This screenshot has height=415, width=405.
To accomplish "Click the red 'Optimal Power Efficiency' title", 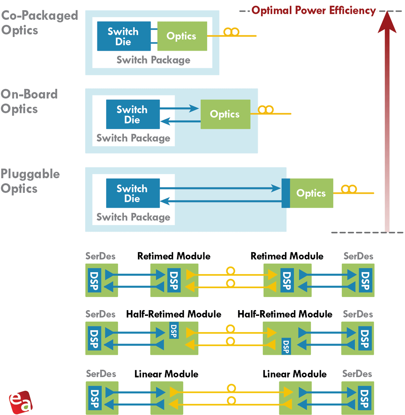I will pyautogui.click(x=314, y=10).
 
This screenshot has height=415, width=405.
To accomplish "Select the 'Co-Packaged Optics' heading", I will pyautogui.click(x=39, y=23).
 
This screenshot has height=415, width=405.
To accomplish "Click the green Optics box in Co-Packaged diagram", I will pyautogui.click(x=182, y=36).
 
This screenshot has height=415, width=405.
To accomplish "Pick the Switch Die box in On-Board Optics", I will pyautogui.click(x=133, y=114).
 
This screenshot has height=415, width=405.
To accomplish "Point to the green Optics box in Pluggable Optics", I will pyautogui.click(x=311, y=193).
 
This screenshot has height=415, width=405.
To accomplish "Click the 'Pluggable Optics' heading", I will pyautogui.click(x=30, y=181).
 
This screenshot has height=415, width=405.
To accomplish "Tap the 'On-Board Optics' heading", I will pyautogui.click(x=29, y=101).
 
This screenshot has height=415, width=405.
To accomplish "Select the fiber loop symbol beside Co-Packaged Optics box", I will pyautogui.click(x=231, y=32).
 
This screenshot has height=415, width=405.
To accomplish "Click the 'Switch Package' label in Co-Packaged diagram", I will pyautogui.click(x=153, y=60).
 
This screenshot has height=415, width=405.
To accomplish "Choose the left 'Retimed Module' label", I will pyautogui.click(x=174, y=256).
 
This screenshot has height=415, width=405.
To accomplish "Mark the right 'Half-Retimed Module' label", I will pyautogui.click(x=285, y=314).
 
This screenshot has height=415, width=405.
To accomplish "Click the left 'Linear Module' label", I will pyautogui.click(x=166, y=374).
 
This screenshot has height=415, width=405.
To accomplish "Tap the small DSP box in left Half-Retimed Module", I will pyautogui.click(x=174, y=331).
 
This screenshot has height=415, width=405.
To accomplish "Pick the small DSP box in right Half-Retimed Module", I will pyautogui.click(x=286, y=346).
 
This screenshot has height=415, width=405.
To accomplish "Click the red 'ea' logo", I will pyautogui.click(x=21, y=402).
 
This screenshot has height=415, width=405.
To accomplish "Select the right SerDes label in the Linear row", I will pyautogui.click(x=357, y=374).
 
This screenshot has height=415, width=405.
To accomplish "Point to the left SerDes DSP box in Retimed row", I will pyautogui.click(x=94, y=280).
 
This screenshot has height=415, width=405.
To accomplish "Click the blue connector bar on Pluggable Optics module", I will pyautogui.click(x=286, y=193).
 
